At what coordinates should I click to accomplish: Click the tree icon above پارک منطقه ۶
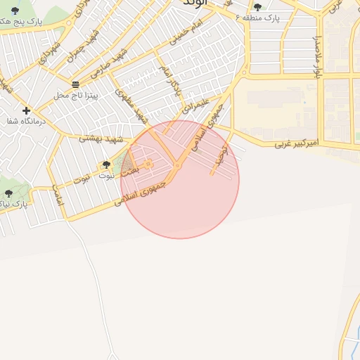[257, 7]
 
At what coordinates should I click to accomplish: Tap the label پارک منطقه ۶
[257, 17]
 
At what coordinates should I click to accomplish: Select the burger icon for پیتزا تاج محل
[75, 84]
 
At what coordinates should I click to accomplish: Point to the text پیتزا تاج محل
[75, 94]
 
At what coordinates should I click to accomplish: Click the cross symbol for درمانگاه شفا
[26, 110]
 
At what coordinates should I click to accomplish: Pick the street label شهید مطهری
[134, 104]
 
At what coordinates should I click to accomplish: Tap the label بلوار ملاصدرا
[317, 57]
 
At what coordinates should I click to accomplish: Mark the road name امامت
[58, 195]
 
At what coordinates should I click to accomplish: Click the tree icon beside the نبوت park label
[106, 165]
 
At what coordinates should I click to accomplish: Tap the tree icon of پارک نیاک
[8, 193]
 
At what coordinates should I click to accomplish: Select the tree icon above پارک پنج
[15, 11]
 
